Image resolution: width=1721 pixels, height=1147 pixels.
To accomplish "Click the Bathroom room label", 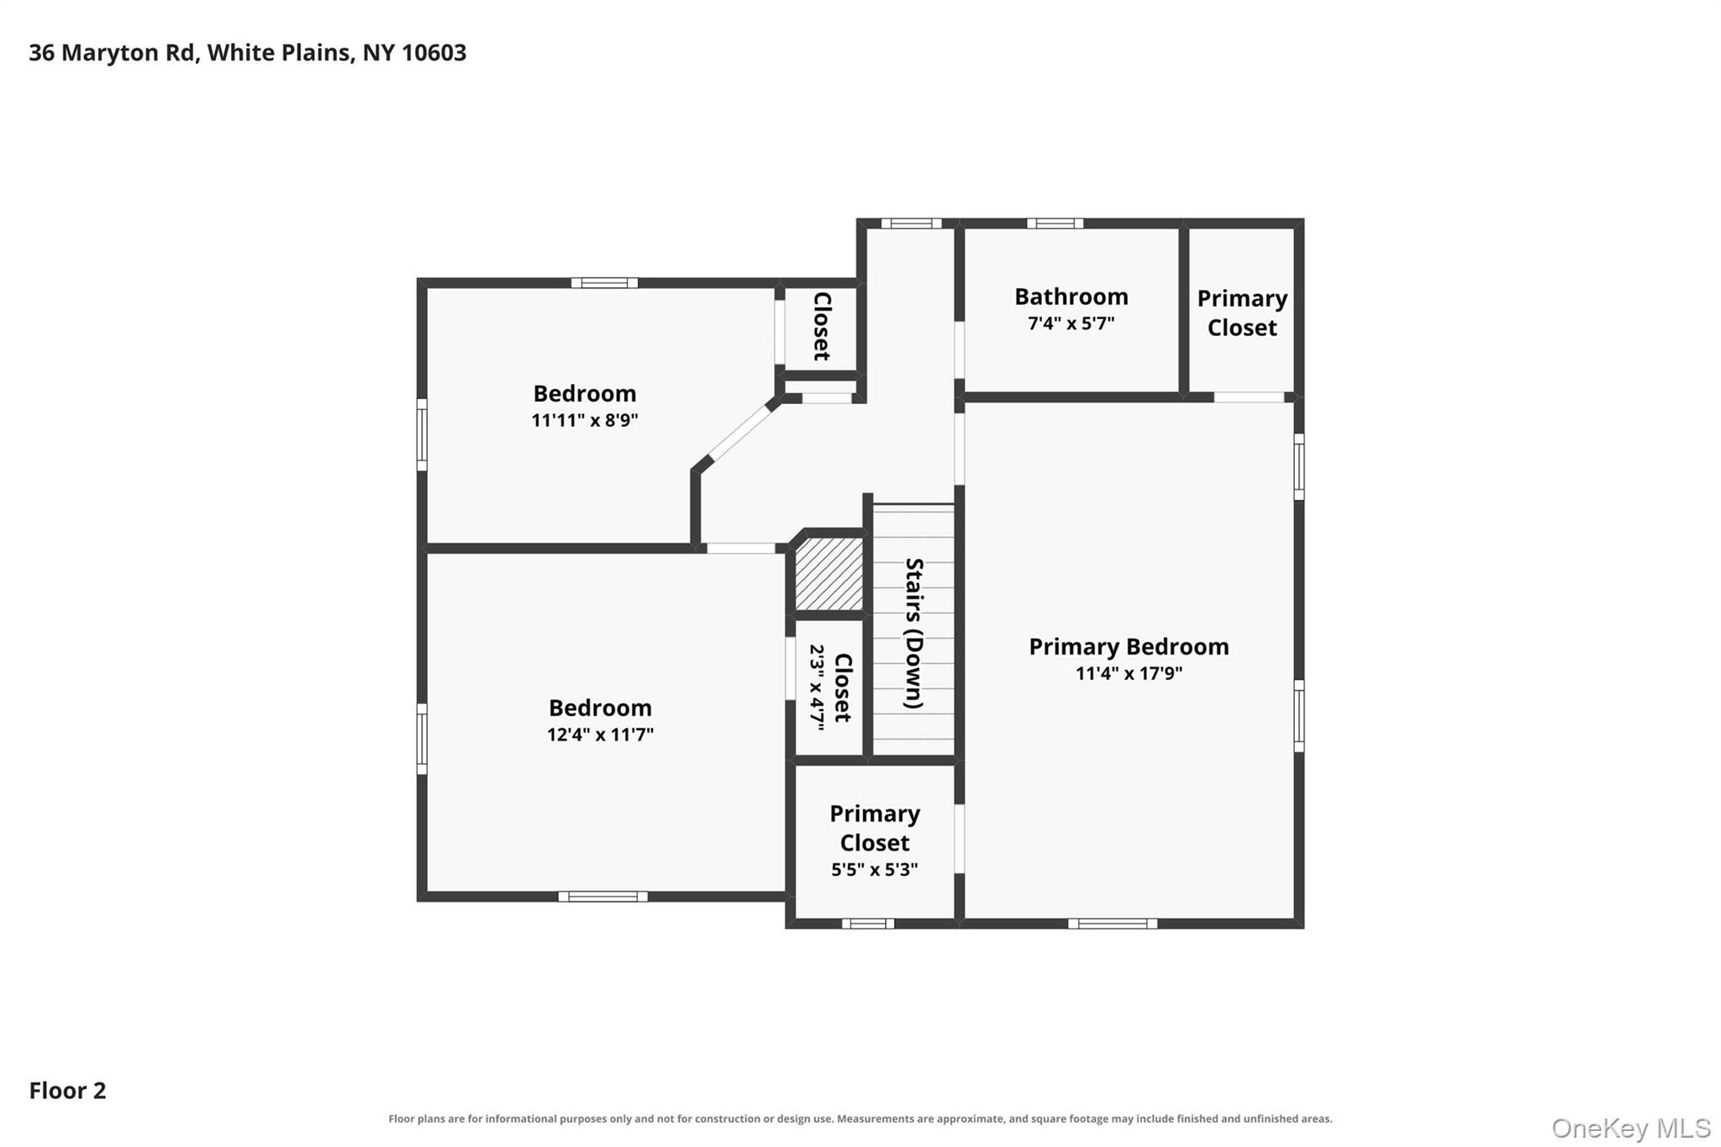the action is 1071,297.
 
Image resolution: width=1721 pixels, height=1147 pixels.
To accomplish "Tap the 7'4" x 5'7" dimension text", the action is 1071,324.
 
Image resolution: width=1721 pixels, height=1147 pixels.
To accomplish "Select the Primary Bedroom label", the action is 1129,647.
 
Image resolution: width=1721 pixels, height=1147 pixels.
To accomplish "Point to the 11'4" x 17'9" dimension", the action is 1129,673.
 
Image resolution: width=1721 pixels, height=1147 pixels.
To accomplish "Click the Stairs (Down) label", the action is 914,633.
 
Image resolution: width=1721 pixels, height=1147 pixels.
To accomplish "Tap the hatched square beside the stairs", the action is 829,574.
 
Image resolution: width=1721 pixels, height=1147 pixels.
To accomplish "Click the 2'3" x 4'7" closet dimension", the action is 817,687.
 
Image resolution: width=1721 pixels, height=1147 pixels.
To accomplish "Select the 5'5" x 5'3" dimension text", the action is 874,870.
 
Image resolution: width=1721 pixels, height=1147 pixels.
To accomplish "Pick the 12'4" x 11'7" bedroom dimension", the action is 600,734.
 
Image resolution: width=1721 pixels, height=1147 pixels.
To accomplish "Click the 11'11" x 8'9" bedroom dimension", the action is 584,420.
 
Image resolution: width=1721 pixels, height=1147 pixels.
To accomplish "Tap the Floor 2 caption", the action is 67,1091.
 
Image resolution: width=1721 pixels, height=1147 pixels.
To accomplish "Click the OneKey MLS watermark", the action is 1631,1128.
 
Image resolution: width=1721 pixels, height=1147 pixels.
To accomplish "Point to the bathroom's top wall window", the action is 1055,224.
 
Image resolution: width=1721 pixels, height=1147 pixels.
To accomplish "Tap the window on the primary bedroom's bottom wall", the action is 1113,923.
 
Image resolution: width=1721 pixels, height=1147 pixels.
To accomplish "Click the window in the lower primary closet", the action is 868,923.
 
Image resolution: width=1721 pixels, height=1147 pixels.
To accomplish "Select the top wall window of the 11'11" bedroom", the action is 604,283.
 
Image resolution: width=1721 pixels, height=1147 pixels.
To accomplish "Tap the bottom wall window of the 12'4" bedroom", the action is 603,897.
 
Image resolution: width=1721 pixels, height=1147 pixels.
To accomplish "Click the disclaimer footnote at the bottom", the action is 860,1118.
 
